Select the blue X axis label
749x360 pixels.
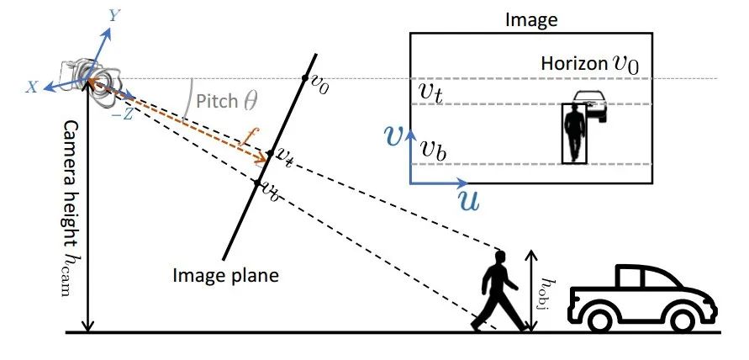31,87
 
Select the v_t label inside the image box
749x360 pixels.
430,91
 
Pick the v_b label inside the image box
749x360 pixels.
432,150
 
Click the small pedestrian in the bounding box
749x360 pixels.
575,133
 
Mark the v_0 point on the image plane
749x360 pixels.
306,79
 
